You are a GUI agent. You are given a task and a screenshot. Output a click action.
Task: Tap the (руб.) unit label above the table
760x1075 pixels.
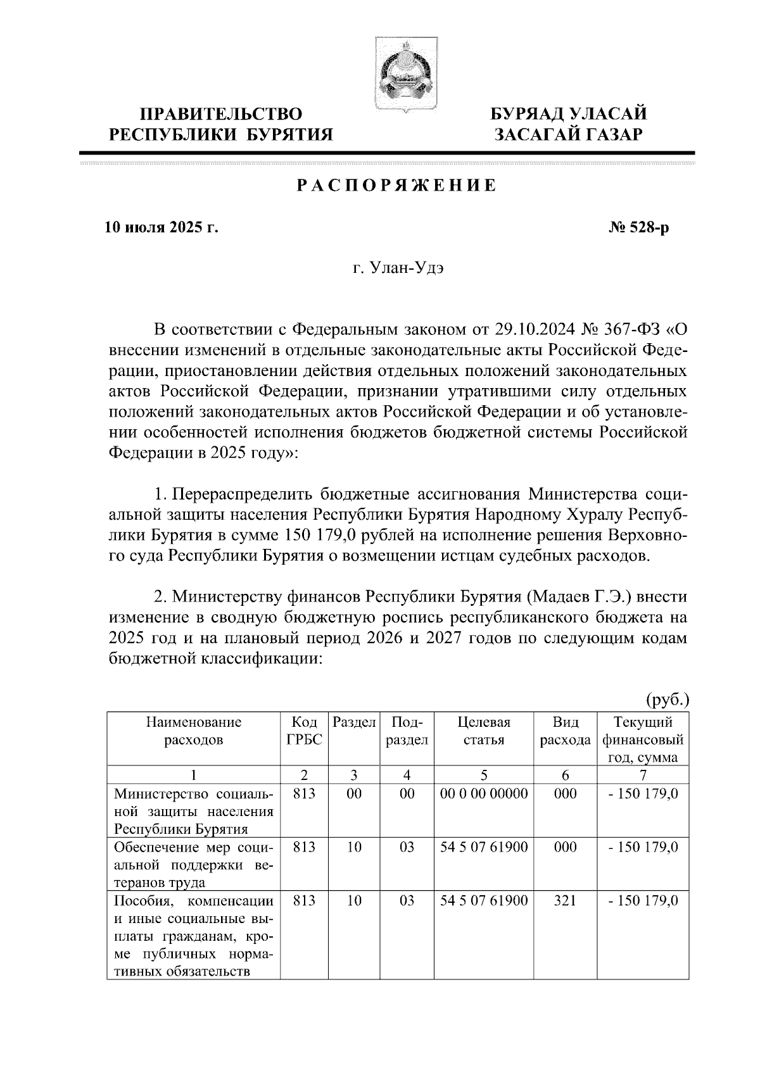(x=667, y=700)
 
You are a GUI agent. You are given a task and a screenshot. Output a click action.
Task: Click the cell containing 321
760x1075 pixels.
(x=565, y=900)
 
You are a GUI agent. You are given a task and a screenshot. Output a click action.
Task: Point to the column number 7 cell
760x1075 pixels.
(x=642, y=776)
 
